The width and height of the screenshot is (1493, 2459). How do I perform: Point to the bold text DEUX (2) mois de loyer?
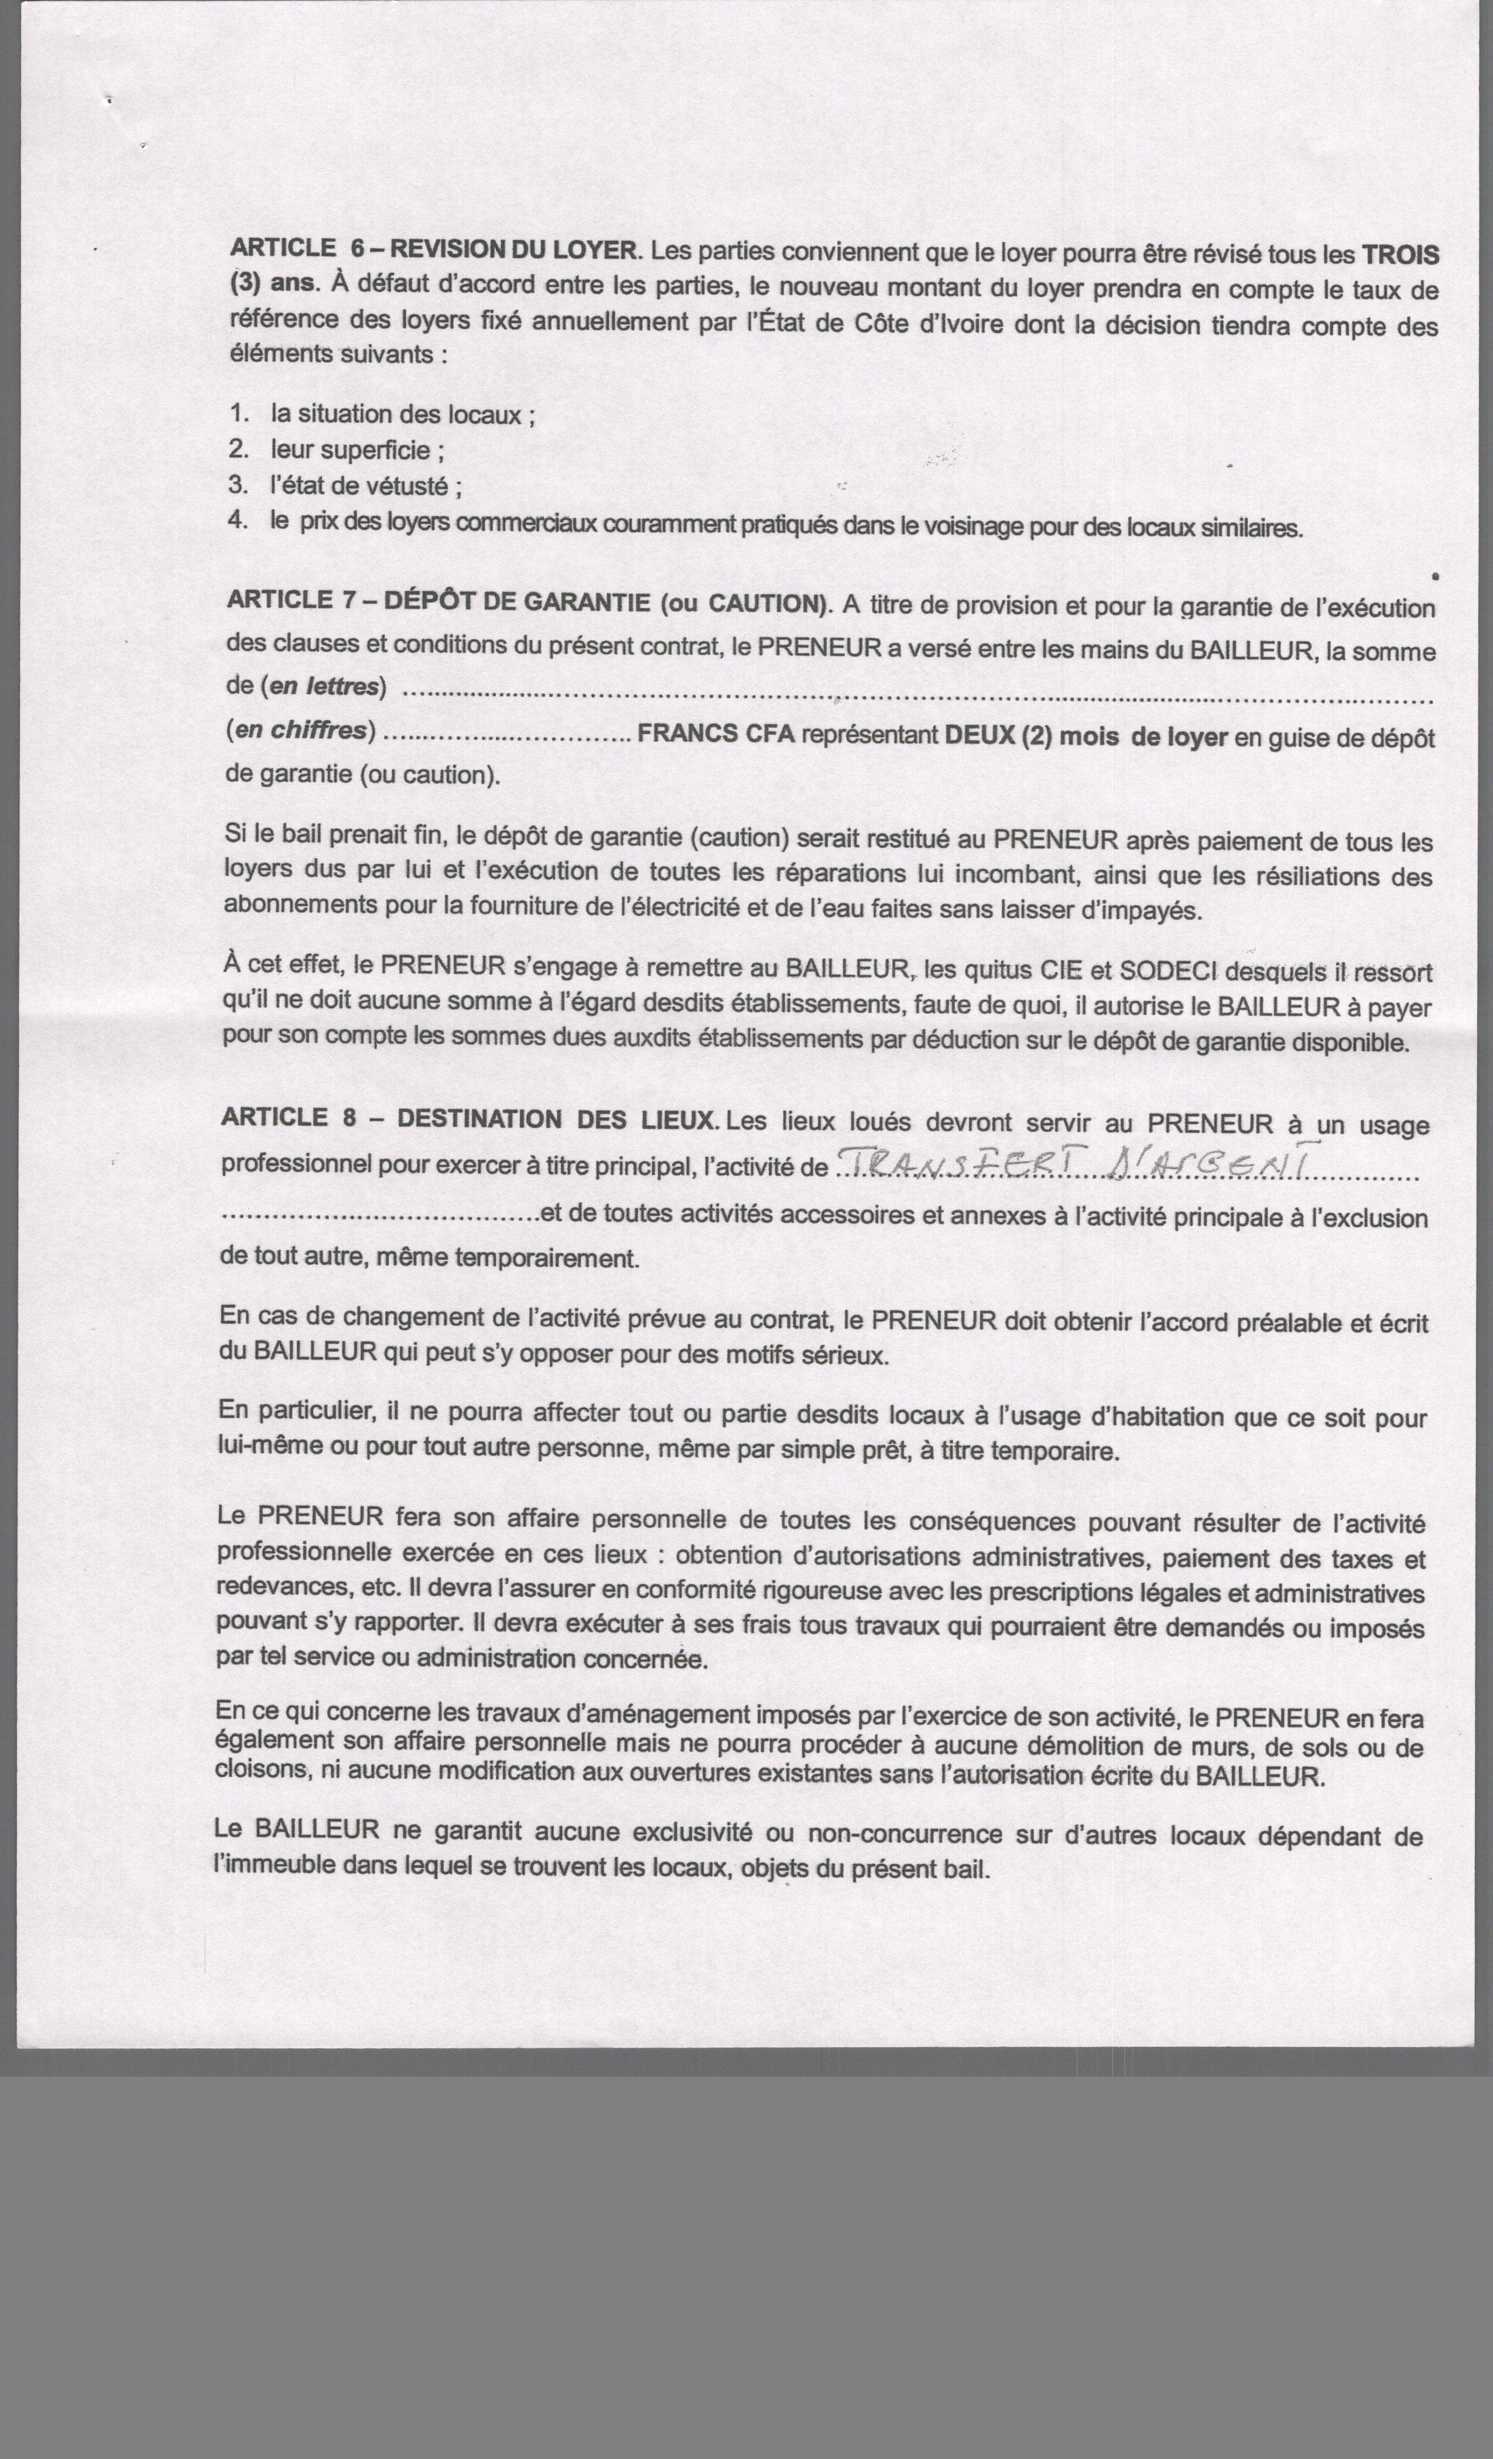[x=1086, y=738]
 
